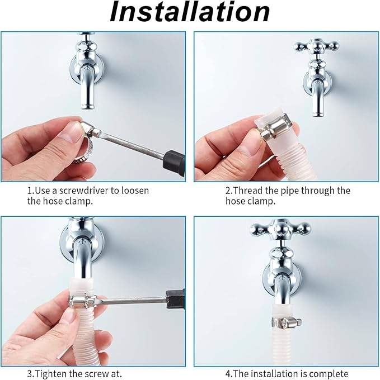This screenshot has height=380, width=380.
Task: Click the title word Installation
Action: pos(190,12)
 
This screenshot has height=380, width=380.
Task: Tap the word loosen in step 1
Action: pos(135,191)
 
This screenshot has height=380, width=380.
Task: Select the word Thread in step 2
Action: pos(248,191)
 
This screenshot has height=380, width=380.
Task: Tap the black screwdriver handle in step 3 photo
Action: pos(175,300)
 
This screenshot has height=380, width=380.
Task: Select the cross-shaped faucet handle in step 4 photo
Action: pos(281,229)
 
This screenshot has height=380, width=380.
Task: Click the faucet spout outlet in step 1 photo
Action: pos(88,106)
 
